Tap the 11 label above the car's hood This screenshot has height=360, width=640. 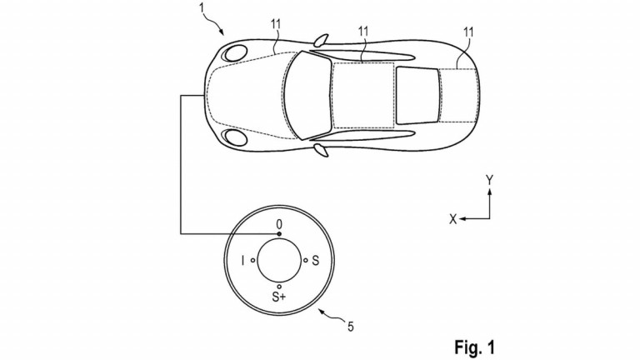(276, 27)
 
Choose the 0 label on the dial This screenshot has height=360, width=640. (280, 223)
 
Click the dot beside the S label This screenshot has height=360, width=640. (306, 261)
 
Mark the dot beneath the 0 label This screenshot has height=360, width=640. (279, 234)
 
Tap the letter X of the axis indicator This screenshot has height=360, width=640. (452, 218)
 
